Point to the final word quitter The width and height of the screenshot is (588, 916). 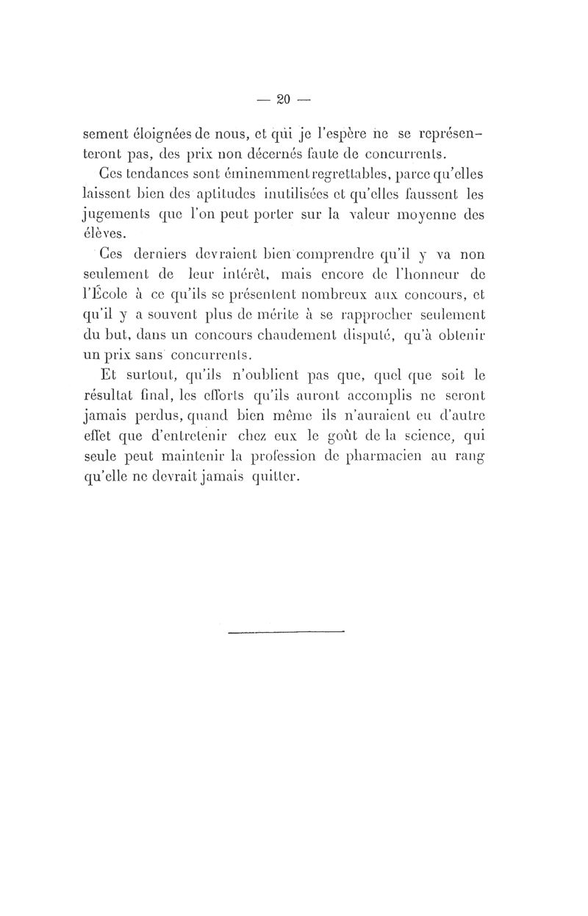click(265, 475)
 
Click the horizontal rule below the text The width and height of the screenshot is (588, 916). click(286, 631)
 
